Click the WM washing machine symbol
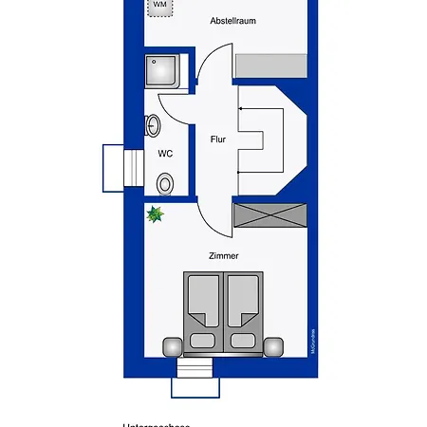[x=159, y=7]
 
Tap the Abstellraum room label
[x=233, y=20]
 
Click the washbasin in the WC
[x=153, y=125]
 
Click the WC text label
[x=164, y=153]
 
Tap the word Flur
[x=217, y=139]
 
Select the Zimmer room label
[x=224, y=255]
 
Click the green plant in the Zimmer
[x=155, y=215]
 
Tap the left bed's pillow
[x=202, y=339]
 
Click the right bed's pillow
[x=243, y=339]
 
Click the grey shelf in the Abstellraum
[x=272, y=65]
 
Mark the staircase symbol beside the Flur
[x=261, y=139]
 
